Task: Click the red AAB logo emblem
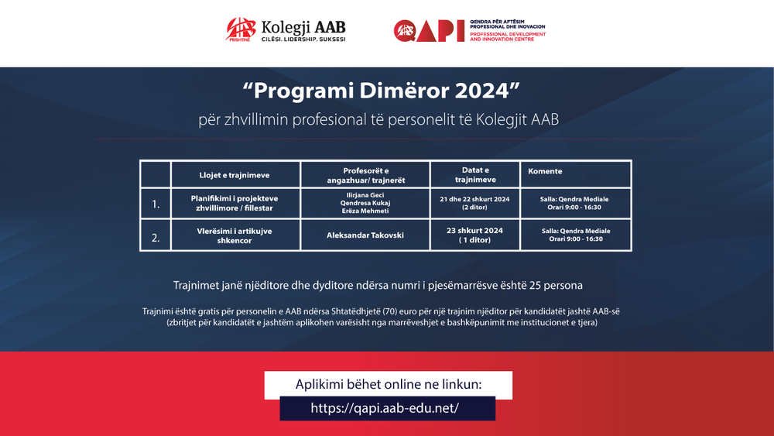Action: (x=240, y=29)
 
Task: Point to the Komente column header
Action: (x=545, y=171)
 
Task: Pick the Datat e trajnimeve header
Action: (x=474, y=174)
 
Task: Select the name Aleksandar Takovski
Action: (x=365, y=235)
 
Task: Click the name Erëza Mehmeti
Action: (x=365, y=211)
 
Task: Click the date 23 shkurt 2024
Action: (x=474, y=230)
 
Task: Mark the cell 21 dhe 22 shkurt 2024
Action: (x=474, y=199)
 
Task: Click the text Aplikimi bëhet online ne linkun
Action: (x=389, y=385)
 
